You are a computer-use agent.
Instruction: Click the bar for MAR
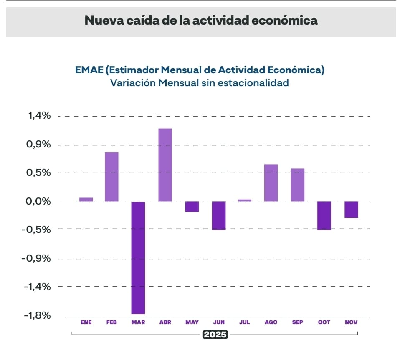pyautogui.click(x=138, y=257)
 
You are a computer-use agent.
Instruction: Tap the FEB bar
pyautogui.click(x=112, y=176)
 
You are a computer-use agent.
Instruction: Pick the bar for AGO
pyautogui.click(x=271, y=182)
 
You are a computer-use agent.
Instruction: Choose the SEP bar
pyautogui.click(x=298, y=184)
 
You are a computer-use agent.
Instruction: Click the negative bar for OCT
pyautogui.click(x=324, y=215)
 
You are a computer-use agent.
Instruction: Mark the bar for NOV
pyautogui.click(x=351, y=209)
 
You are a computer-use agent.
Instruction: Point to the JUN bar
pyautogui.click(x=218, y=215)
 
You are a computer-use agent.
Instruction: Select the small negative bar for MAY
pyautogui.click(x=192, y=206)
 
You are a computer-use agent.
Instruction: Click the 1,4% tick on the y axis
pyautogui.click(x=39, y=116)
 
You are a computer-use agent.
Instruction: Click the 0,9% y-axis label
pyautogui.click(x=39, y=144)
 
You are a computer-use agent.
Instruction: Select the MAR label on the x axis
pyautogui.click(x=138, y=322)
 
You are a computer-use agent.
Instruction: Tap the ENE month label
pyautogui.click(x=85, y=322)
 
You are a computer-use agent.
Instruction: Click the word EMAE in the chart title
pyautogui.click(x=91, y=69)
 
